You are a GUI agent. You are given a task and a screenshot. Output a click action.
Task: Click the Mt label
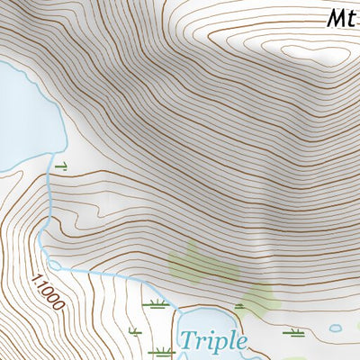[x=340, y=17]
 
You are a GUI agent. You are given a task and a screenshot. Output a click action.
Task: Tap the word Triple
[x=212, y=341]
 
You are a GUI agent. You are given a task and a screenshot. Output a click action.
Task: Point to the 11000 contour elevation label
[x=48, y=292]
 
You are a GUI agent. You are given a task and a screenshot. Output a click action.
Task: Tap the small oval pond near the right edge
[x=336, y=328]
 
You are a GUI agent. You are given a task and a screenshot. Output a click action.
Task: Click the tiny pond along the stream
[x=53, y=265]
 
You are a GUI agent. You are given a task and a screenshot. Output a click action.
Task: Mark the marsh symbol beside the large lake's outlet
[x=62, y=166]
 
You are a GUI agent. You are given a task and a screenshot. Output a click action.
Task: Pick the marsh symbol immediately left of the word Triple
[x=162, y=349]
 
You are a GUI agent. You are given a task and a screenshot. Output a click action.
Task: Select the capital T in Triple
[x=187, y=340]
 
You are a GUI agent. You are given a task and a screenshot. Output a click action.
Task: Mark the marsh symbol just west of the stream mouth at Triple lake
[x=157, y=303]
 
